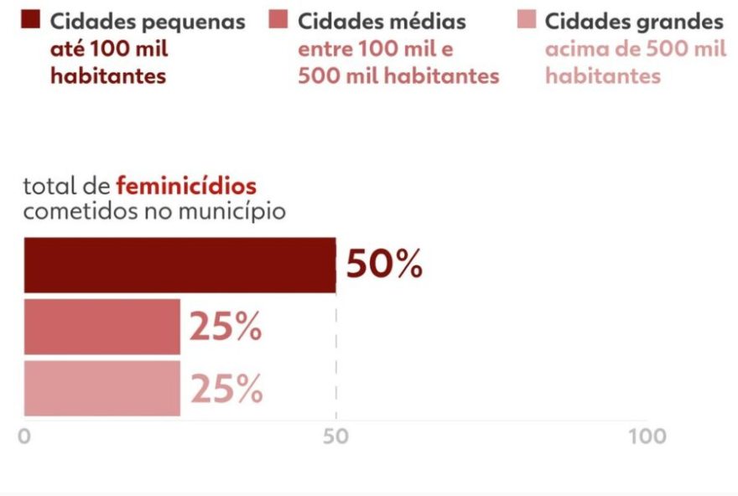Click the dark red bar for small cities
(179, 265)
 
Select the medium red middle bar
(101, 326)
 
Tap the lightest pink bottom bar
(101, 388)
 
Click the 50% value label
(384, 265)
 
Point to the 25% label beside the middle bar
(226, 328)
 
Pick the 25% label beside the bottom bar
(226, 390)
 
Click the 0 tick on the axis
(24, 437)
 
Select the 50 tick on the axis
(335, 437)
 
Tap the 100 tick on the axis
(647, 437)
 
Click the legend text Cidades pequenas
(148, 21)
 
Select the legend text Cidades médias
(382, 21)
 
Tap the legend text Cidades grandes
(633, 21)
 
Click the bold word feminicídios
(186, 185)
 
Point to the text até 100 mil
(109, 49)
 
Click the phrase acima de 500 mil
(635, 49)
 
